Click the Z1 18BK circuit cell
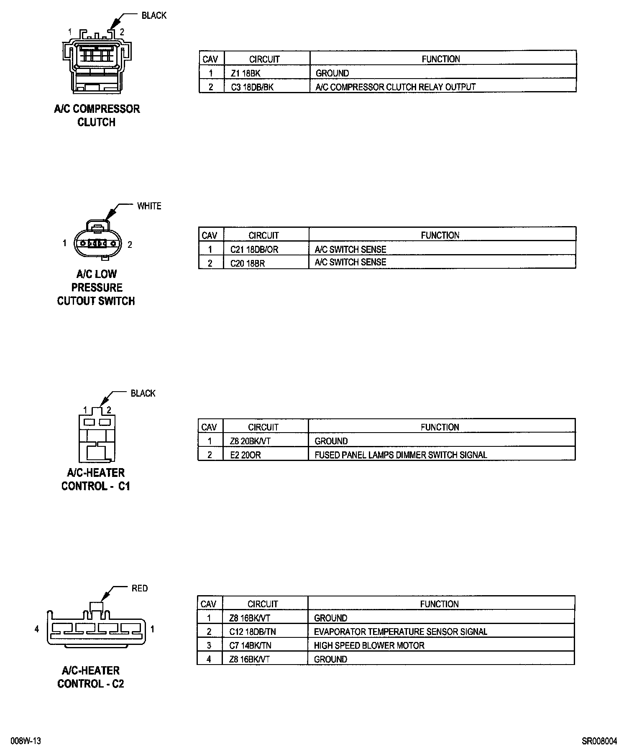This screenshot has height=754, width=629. [x=246, y=73]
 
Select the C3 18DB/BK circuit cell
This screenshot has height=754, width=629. [x=253, y=87]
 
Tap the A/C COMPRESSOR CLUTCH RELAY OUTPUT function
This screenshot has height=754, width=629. [x=396, y=87]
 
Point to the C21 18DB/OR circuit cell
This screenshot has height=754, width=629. [x=254, y=250]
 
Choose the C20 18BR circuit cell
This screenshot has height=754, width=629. [x=248, y=263]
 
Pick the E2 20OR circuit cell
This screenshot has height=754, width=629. [x=245, y=455]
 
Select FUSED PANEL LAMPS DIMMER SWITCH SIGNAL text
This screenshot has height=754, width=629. [x=401, y=455]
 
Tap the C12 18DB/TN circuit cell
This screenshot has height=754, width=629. [x=253, y=632]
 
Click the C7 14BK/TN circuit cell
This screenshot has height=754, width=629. [x=250, y=645]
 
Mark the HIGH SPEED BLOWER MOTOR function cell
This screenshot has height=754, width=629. [x=369, y=645]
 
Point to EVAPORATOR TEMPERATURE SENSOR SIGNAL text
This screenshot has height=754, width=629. [x=401, y=632]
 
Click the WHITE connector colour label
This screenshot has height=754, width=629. [x=149, y=206]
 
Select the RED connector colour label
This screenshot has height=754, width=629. [x=140, y=588]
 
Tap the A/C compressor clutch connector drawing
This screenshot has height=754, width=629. [x=96, y=62]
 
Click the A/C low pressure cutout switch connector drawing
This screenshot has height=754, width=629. [x=97, y=241]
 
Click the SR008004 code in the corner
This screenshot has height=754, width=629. [x=599, y=741]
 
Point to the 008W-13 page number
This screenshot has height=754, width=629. [x=26, y=741]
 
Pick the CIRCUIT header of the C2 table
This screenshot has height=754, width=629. [x=263, y=604]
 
